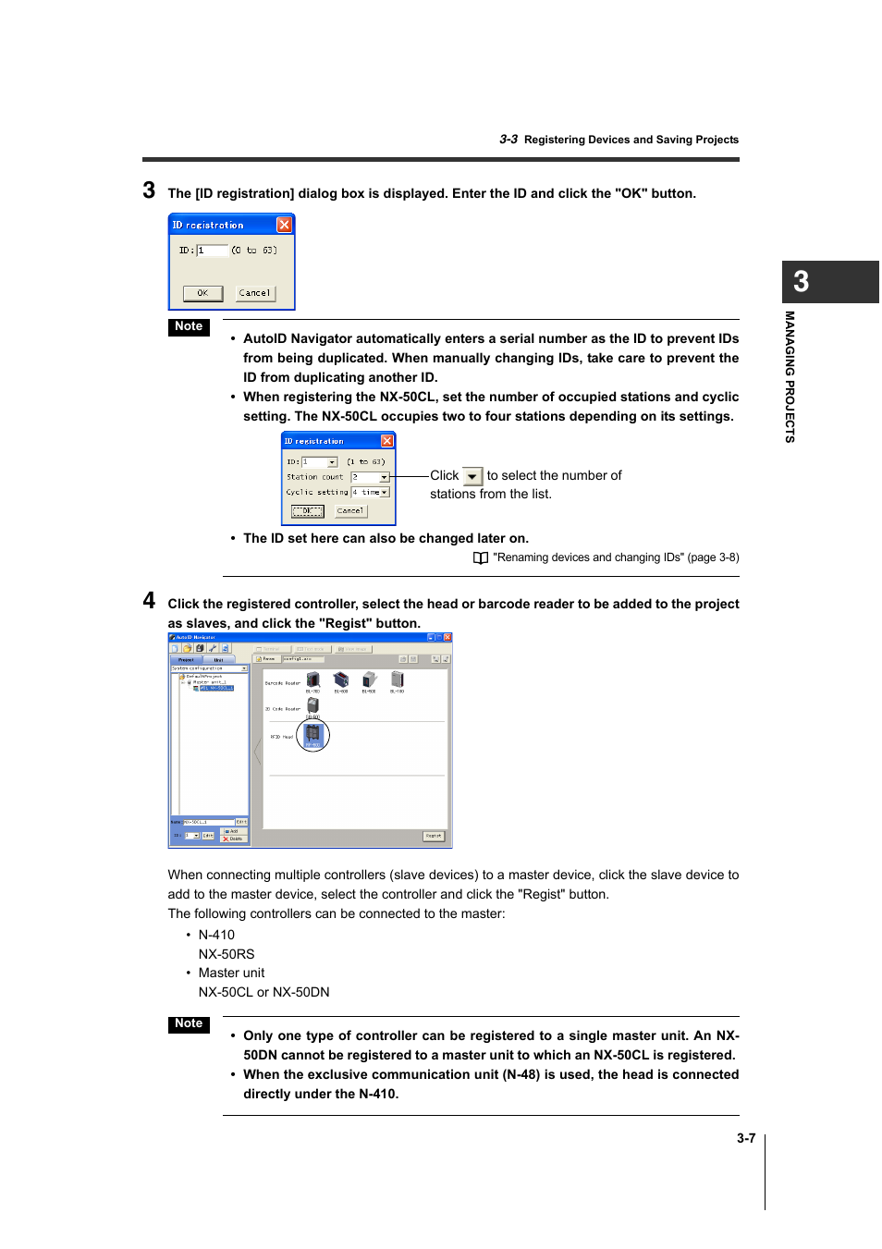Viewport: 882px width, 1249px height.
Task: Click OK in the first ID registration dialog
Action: pyautogui.click(x=202, y=293)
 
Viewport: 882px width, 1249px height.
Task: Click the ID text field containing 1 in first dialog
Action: pyautogui.click(x=212, y=251)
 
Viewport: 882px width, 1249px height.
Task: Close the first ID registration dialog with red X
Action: pyautogui.click(x=284, y=225)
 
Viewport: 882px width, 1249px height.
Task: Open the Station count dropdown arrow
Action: pyautogui.click(x=385, y=477)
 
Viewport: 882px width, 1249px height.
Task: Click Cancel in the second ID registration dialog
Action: pyautogui.click(x=350, y=511)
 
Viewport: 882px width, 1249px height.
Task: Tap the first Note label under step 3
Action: pyautogui.click(x=189, y=326)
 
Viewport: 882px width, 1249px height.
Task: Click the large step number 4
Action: pyautogui.click(x=149, y=601)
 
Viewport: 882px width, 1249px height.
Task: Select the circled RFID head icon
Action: pyautogui.click(x=312, y=736)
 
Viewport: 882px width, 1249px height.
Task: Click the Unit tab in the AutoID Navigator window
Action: pyautogui.click(x=219, y=659)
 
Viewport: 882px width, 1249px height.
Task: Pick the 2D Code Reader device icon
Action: pyautogui.click(x=312, y=705)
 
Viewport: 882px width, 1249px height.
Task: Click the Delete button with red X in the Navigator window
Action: pyautogui.click(x=233, y=839)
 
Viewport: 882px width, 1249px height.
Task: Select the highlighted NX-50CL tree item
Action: pyautogui.click(x=216, y=688)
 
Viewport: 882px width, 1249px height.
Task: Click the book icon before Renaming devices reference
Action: pyautogui.click(x=481, y=558)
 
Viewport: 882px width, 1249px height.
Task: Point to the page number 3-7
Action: pyautogui.click(x=746, y=1138)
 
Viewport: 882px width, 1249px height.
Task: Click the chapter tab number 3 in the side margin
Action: pyautogui.click(x=802, y=282)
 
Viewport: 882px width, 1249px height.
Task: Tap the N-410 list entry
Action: pyautogui.click(x=216, y=935)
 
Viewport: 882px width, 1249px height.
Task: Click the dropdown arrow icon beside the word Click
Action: pyautogui.click(x=472, y=477)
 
